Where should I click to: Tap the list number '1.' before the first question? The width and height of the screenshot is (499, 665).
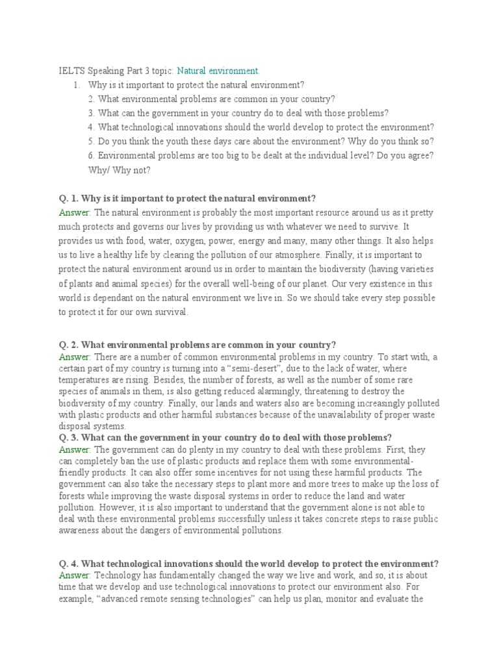click(x=76, y=85)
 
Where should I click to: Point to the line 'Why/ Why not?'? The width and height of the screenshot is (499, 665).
click(x=119, y=170)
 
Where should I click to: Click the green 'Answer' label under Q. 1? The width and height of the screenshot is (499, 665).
click(x=75, y=212)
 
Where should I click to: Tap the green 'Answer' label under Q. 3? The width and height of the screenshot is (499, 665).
click(x=75, y=449)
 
